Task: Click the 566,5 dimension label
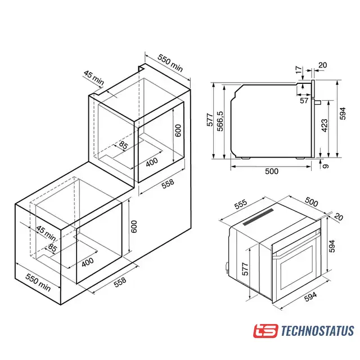(x=220, y=121)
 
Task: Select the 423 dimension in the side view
(x=325, y=125)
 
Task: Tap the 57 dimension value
(x=304, y=100)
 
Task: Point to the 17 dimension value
(x=299, y=70)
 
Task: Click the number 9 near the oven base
(x=326, y=166)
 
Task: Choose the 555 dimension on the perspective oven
(x=241, y=204)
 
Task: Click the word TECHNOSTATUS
(x=317, y=331)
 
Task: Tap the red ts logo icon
(x=265, y=331)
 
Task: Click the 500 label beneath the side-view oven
(x=272, y=171)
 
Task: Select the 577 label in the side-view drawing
(x=210, y=120)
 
